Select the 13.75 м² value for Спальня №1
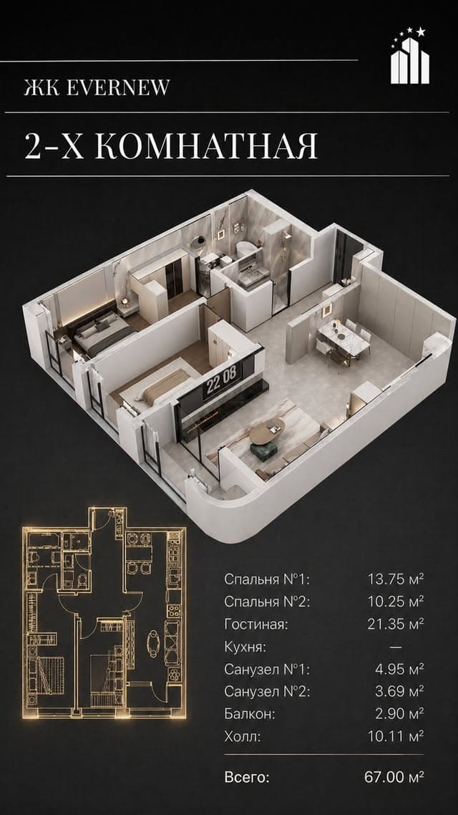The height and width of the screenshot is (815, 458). click(x=396, y=579)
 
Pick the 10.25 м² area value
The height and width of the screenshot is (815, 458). click(x=396, y=602)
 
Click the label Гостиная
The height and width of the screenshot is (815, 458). click(x=256, y=624)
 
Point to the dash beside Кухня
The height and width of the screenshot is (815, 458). click(x=396, y=647)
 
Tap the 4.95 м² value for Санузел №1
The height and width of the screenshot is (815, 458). click(x=399, y=669)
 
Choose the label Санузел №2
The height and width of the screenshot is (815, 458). click(x=267, y=692)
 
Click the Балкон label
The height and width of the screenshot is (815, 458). click(x=250, y=714)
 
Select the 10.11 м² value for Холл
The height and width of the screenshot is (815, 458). click(x=396, y=736)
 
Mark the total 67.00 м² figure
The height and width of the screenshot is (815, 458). click(x=394, y=778)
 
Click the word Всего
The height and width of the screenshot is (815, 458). click(x=247, y=778)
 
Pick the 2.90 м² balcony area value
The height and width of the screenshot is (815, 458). click(x=399, y=714)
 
